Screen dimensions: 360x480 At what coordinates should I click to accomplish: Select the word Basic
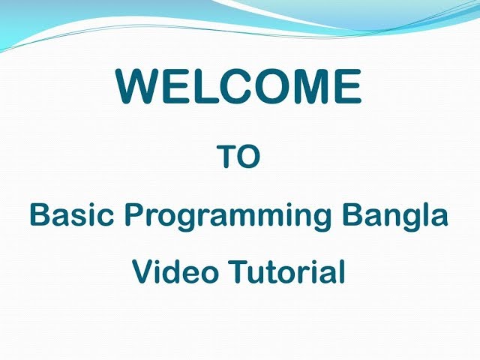coord(72,215)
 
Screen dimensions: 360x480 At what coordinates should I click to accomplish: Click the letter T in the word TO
coord(226,157)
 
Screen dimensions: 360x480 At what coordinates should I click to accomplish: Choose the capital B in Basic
coord(39,215)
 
